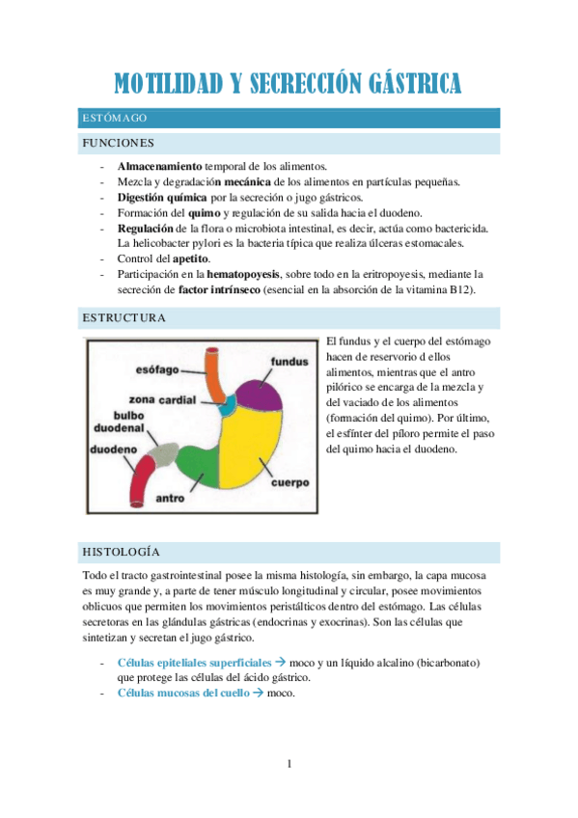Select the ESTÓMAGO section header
[x=115, y=118]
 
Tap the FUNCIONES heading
[x=119, y=144]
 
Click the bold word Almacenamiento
[x=160, y=166]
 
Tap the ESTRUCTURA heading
[x=124, y=317]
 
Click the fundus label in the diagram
[x=289, y=362]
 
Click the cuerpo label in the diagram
[x=288, y=481]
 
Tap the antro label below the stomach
[x=171, y=499]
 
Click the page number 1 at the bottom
[x=289, y=765]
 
